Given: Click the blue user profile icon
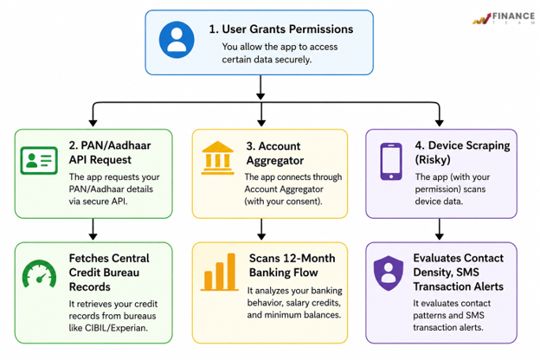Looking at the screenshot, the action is coord(177,40).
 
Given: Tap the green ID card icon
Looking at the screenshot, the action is coord(39,161).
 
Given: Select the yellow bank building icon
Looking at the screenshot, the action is coord(218,157).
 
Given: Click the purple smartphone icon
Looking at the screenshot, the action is coord(391,162).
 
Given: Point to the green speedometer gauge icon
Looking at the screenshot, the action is coord(39,273).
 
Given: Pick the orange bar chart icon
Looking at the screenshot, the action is coord(220,272).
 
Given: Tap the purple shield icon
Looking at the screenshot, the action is coord(389,273).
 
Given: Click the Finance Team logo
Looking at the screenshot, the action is coord(504,17).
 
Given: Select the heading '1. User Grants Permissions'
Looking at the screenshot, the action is coord(281,29).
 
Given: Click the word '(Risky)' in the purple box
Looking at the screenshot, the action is coord(433,160).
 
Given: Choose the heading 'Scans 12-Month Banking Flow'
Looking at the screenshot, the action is coord(292,266).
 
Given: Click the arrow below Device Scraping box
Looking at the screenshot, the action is coord(439,229).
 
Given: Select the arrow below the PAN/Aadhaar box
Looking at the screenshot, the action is coord(93,229).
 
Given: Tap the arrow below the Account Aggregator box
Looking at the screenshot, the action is coord(261,229).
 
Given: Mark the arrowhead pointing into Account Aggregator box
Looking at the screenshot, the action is coord(261,123).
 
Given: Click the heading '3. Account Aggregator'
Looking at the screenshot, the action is coord(275,153).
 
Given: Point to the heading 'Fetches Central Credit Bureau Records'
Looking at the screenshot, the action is coord(109,273).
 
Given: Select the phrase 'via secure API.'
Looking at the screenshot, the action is coord(98,201).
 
